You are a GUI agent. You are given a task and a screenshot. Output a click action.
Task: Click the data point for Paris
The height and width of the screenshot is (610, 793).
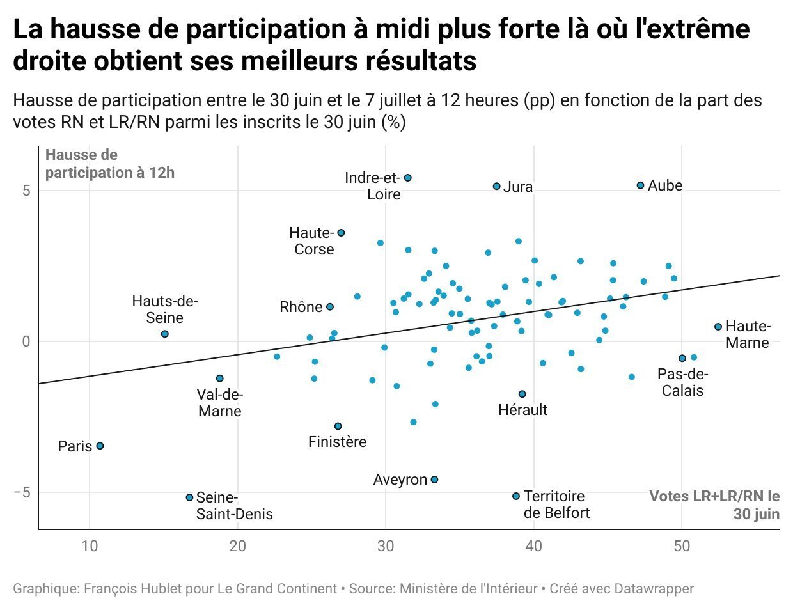pyautogui.click(x=100, y=446)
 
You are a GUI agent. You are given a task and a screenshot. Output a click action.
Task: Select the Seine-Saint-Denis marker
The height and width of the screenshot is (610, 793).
pyautogui.click(x=189, y=497)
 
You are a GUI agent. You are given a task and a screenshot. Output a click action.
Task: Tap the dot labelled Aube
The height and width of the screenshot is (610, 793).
pyautogui.click(x=640, y=185)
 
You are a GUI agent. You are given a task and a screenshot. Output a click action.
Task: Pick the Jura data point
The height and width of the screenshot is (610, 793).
pyautogui.click(x=496, y=186)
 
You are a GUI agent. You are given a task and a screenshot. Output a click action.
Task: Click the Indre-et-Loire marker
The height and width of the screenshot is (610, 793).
pyautogui.click(x=408, y=178)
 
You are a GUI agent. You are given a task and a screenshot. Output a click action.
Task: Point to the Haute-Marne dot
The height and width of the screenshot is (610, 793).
pyautogui.click(x=718, y=327)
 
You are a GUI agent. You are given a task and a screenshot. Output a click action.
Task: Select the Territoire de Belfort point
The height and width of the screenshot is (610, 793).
pyautogui.click(x=516, y=496)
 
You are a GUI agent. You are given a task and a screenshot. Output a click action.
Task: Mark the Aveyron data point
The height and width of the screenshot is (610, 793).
pyautogui.click(x=434, y=480)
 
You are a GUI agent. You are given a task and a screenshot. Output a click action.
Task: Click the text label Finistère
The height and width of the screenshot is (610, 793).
pyautogui.click(x=337, y=442)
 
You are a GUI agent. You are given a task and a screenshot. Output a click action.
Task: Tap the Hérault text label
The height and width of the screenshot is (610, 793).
pyautogui.click(x=522, y=410)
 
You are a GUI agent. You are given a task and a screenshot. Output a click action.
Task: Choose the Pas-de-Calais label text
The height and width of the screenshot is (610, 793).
pyautogui.click(x=682, y=382)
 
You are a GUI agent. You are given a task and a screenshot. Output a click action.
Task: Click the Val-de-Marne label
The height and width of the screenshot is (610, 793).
pyautogui.click(x=220, y=403)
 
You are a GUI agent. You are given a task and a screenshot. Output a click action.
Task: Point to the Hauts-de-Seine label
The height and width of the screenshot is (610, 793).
pyautogui.click(x=165, y=309)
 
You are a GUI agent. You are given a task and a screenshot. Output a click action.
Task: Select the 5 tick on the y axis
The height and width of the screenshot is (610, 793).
pyautogui.click(x=26, y=191)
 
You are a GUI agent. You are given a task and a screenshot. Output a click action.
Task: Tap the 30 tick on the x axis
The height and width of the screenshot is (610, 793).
pyautogui.click(x=386, y=545)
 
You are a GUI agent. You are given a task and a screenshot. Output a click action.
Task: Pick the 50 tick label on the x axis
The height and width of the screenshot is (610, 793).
pyautogui.click(x=682, y=545)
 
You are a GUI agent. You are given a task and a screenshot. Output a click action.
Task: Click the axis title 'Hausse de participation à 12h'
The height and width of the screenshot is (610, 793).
pyautogui.click(x=109, y=164)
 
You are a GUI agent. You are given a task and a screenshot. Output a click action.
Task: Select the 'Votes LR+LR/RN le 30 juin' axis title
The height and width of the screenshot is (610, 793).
pyautogui.click(x=714, y=505)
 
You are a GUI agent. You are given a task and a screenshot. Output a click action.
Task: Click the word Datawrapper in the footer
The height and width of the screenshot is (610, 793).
pyautogui.click(x=654, y=588)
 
